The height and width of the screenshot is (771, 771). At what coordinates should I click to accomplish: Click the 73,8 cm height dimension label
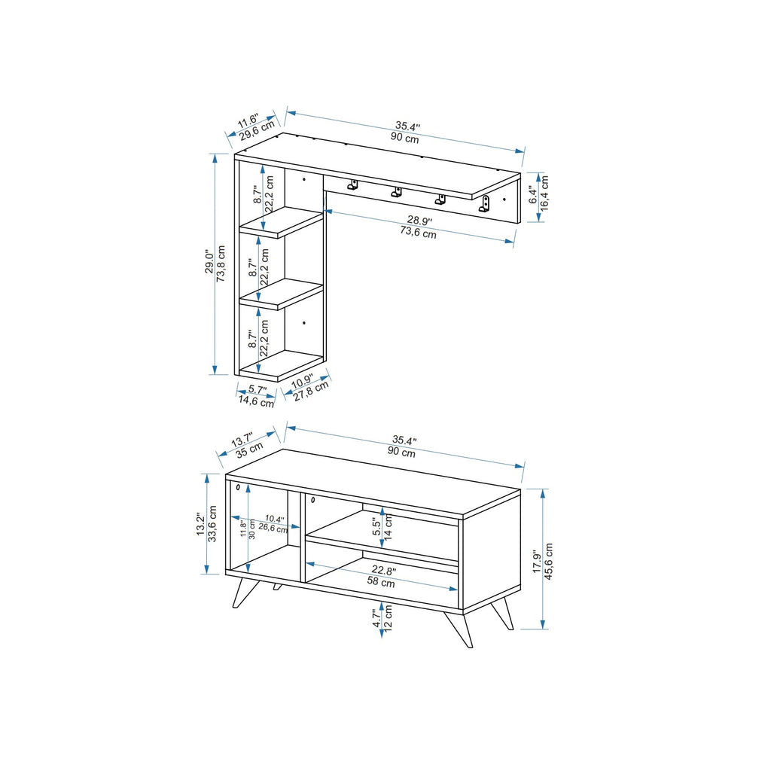(221, 262)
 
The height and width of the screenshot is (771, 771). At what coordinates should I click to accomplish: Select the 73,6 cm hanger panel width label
(418, 233)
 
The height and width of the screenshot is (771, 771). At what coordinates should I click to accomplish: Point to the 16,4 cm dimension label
(544, 197)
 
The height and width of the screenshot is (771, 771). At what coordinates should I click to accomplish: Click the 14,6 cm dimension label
(256, 402)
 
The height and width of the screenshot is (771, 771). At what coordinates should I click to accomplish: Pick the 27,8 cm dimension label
(311, 392)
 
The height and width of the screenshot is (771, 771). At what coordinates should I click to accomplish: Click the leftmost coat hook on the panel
(352, 185)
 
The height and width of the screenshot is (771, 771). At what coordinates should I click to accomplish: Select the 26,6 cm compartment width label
(272, 529)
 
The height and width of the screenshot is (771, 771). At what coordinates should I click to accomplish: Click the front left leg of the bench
(242, 592)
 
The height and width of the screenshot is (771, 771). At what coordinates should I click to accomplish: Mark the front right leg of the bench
(459, 629)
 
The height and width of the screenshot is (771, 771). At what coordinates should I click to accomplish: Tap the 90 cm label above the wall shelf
(404, 139)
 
